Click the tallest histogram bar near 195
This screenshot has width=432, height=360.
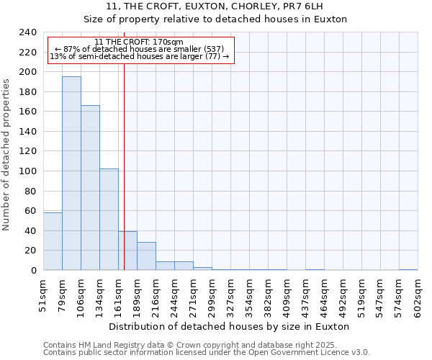(x=71, y=174)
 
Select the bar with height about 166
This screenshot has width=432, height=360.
(x=90, y=188)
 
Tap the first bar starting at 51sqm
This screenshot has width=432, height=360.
(x=53, y=241)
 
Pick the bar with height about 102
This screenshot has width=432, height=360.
(x=109, y=220)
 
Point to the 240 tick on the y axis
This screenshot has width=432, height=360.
(x=27, y=32)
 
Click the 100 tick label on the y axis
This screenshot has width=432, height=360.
(x=27, y=171)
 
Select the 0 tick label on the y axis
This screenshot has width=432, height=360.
(x=32, y=271)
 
